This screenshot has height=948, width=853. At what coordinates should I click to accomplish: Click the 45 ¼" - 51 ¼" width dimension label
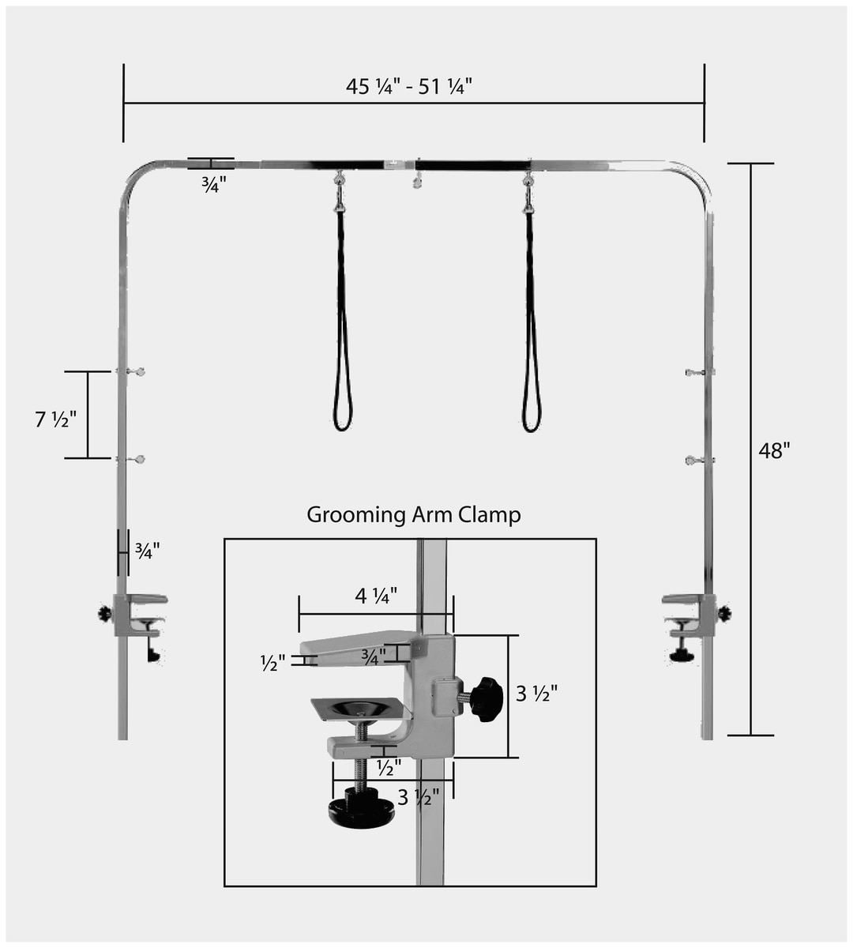(x=409, y=87)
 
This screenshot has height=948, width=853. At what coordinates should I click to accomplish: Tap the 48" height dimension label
(x=774, y=451)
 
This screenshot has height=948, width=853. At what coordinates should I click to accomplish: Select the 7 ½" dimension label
(x=56, y=419)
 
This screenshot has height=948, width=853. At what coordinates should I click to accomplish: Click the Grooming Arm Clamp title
(x=414, y=514)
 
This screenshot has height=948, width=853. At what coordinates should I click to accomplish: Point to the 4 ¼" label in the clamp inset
(x=376, y=596)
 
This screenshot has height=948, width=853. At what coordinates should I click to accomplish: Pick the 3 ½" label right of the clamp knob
(x=536, y=694)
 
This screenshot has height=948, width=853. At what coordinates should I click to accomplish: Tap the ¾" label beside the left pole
(x=148, y=551)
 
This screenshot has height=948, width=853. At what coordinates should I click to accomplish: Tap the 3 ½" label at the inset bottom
(x=419, y=797)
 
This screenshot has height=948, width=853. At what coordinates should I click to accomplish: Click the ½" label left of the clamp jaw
(x=272, y=664)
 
